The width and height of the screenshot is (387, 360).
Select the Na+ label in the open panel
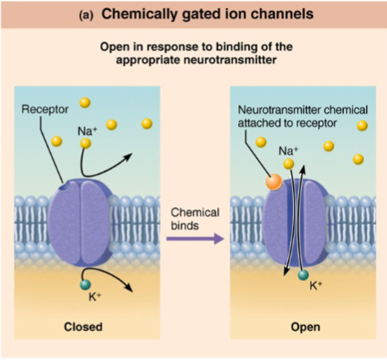coord(289,150)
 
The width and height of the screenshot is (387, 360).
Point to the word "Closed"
coord(83,327)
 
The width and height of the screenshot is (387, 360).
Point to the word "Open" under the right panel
coord(305,327)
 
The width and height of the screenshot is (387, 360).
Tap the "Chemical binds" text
coord(196,219)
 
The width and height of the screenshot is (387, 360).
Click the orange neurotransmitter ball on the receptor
coord(272,181)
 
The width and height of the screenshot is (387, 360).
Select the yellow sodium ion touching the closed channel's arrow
coord(85,144)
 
